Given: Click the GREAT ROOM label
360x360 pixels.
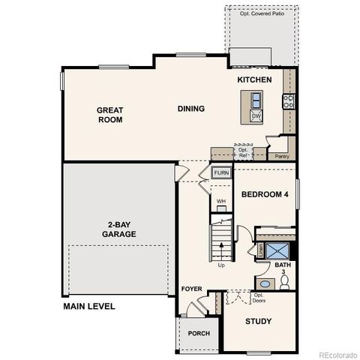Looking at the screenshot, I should pyautogui.click(x=109, y=115).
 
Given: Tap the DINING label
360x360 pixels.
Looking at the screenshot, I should pyautogui.click(x=190, y=109).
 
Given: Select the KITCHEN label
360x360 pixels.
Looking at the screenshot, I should pyautogui.click(x=254, y=79).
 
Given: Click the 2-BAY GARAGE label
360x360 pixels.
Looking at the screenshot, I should pyautogui.click(x=119, y=229).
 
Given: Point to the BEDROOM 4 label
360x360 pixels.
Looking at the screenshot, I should pyautogui.click(x=265, y=194).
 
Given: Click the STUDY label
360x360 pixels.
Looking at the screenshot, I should pyautogui.click(x=259, y=322).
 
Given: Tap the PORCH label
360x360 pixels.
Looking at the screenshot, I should pyautogui.click(x=199, y=333).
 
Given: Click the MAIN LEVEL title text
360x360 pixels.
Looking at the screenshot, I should pyautogui.click(x=89, y=306).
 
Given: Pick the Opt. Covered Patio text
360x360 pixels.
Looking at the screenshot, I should pyautogui.click(x=261, y=13).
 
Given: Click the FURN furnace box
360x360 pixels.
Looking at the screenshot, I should pyautogui.click(x=221, y=173).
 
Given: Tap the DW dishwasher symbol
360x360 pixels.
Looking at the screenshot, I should pyautogui.click(x=256, y=116).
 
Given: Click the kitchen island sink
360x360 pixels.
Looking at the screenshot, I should pyautogui.click(x=256, y=100).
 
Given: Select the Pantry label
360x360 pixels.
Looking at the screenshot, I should pyautogui.click(x=282, y=157).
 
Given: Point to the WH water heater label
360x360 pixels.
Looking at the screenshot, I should pyautogui.click(x=221, y=202).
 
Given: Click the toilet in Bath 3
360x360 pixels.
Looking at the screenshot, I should pyautogui.click(x=284, y=283).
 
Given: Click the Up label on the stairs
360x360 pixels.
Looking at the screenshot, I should pyautogui.click(x=221, y=265).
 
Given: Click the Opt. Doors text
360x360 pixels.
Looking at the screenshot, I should pyautogui.click(x=259, y=297).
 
